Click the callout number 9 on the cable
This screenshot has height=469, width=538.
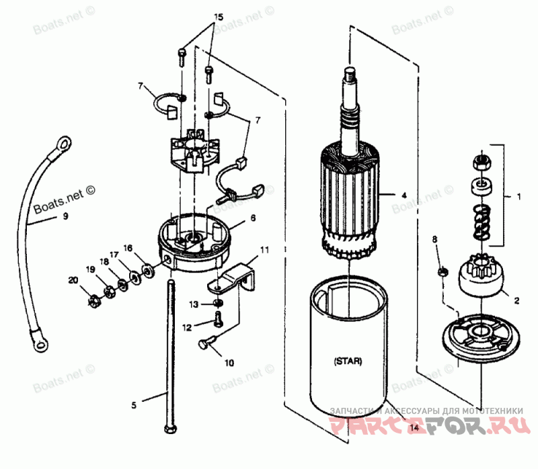pos(66,217)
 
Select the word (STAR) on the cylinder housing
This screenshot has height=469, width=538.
pos(348,361)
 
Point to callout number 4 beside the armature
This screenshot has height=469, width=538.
pos(404,196)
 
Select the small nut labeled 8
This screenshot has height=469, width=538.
pos(441,272)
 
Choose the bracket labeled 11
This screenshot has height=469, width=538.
pos(235,276)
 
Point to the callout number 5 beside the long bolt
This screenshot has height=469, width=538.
pos(133,404)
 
